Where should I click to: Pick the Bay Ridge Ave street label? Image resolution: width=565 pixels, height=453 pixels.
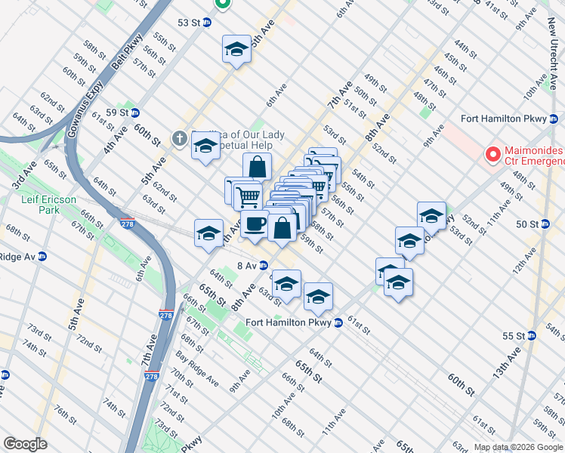tap(197, 363)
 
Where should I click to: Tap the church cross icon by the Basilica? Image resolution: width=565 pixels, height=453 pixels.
tap(179, 137)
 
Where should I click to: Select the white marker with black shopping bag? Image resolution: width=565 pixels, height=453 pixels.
tap(257, 166)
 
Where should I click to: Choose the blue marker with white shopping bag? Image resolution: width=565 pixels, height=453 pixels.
tap(282, 227)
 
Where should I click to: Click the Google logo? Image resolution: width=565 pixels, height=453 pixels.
tap(25, 444)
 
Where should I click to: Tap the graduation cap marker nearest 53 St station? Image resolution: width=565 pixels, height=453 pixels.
tap(236, 50)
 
